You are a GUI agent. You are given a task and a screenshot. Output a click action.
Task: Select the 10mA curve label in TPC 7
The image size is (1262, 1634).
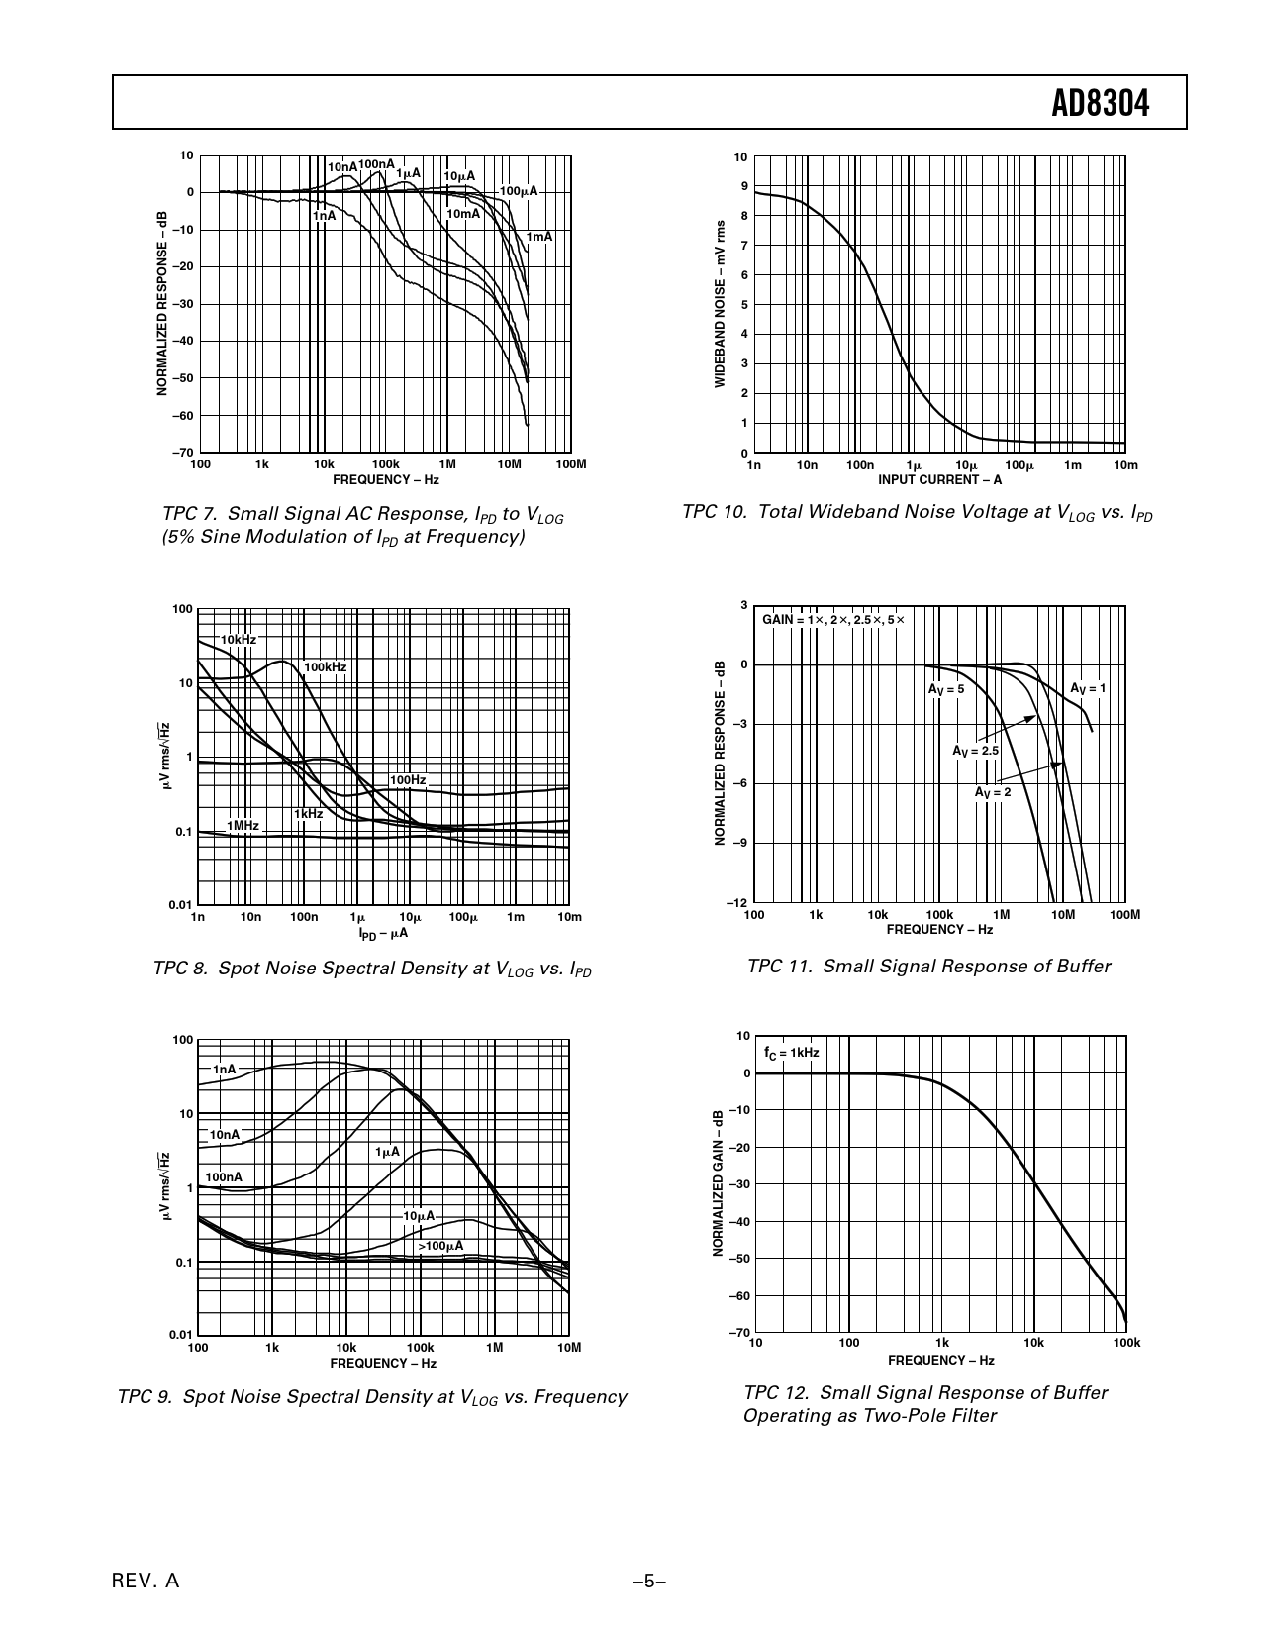[x=462, y=214]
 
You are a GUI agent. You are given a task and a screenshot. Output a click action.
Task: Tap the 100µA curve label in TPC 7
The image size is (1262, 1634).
[x=518, y=191]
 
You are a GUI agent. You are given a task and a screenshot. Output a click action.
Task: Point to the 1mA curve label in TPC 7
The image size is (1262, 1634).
[x=538, y=237]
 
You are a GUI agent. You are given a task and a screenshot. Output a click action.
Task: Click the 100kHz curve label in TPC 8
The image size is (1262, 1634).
[x=325, y=667]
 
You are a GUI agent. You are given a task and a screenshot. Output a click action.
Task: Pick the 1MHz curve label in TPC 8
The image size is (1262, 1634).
[x=243, y=825]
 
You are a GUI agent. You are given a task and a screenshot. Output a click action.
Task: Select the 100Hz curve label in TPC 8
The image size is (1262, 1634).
[x=407, y=780]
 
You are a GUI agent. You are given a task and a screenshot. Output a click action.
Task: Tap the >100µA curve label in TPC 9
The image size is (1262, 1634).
[x=439, y=1246]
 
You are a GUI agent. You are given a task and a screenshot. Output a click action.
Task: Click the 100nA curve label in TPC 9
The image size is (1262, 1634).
[x=224, y=1177]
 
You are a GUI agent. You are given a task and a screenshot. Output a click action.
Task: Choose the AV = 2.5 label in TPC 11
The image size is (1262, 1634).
[x=975, y=752]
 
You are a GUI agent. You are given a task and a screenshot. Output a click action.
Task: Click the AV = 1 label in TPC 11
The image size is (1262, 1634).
[x=1088, y=688]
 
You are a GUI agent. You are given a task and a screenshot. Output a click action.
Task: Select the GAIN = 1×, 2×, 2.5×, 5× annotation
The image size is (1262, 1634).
[x=832, y=619]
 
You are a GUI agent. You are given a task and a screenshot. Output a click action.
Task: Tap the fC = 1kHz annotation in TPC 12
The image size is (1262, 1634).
[x=791, y=1052]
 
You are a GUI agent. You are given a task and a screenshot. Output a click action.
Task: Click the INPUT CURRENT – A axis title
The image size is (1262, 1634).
[x=939, y=480]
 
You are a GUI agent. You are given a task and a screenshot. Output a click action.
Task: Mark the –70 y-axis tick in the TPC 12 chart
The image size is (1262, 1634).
[x=739, y=1333]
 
